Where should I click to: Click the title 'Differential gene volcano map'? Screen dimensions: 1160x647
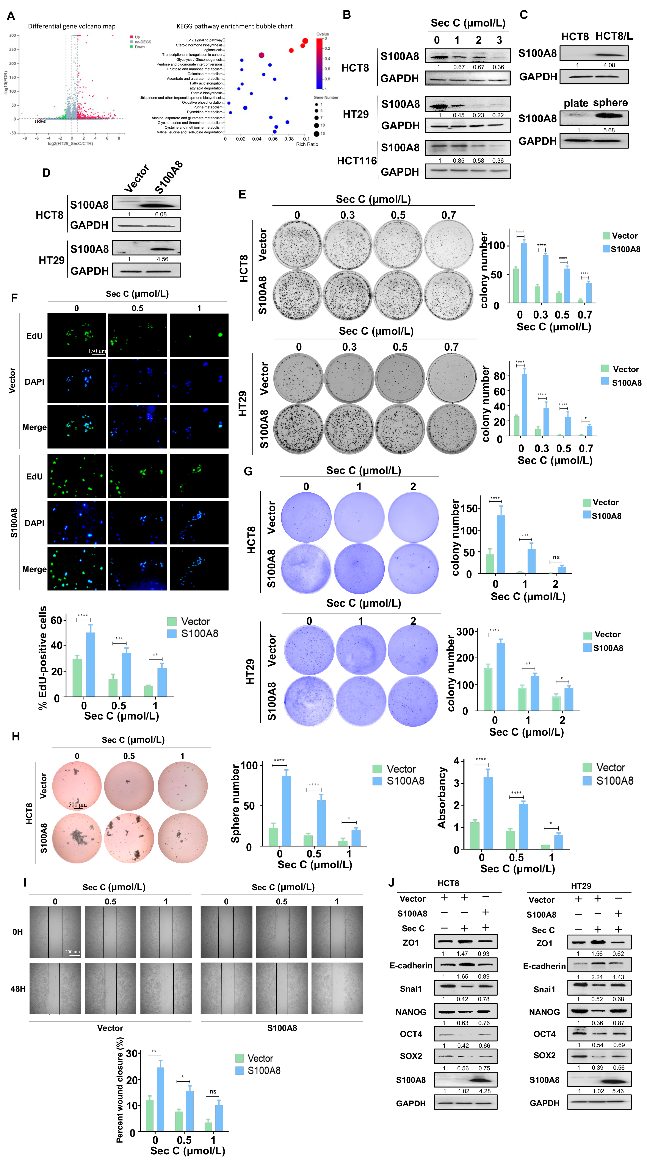[72, 26]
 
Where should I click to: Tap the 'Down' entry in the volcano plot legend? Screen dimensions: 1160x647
[140, 47]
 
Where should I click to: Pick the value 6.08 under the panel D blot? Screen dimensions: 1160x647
[161, 214]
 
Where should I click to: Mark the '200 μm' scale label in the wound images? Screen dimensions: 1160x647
[72, 951]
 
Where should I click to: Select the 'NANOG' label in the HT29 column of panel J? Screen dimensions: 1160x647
[544, 1012]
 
